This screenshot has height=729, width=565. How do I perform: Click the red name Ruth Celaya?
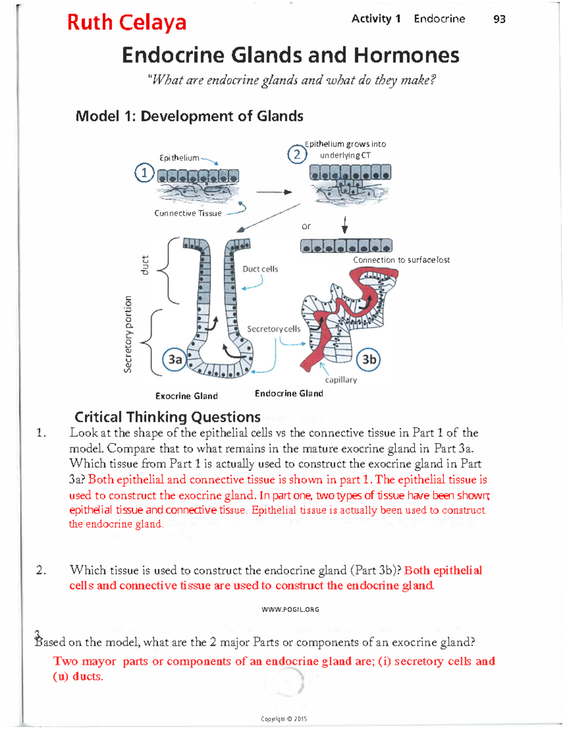(x=127, y=22)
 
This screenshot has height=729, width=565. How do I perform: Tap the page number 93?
(x=499, y=19)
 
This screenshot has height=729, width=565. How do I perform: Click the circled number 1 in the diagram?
(x=145, y=173)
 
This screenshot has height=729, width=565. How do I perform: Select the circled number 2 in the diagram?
(x=297, y=154)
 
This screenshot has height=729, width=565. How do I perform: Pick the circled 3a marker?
(x=175, y=360)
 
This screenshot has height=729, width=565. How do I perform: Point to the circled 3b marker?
(x=369, y=360)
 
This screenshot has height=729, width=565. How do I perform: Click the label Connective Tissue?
(x=188, y=213)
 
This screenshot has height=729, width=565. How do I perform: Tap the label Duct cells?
(x=260, y=269)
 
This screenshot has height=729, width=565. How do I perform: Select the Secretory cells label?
(x=274, y=329)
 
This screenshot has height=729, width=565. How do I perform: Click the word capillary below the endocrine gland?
(x=341, y=380)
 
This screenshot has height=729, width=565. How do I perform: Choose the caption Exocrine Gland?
(x=186, y=396)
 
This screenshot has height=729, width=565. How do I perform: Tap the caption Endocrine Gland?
(x=289, y=393)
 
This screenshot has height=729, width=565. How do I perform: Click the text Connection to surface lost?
(x=401, y=260)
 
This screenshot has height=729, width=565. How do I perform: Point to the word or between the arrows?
(x=306, y=227)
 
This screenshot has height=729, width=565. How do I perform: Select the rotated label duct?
(x=145, y=265)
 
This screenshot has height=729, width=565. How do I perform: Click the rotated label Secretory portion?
(x=127, y=334)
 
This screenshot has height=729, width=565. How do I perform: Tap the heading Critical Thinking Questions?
(x=167, y=417)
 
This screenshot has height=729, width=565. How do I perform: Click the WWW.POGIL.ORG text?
(x=290, y=609)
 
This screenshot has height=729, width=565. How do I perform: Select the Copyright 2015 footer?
(x=284, y=719)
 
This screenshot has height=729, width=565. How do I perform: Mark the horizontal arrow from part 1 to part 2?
(x=274, y=192)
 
